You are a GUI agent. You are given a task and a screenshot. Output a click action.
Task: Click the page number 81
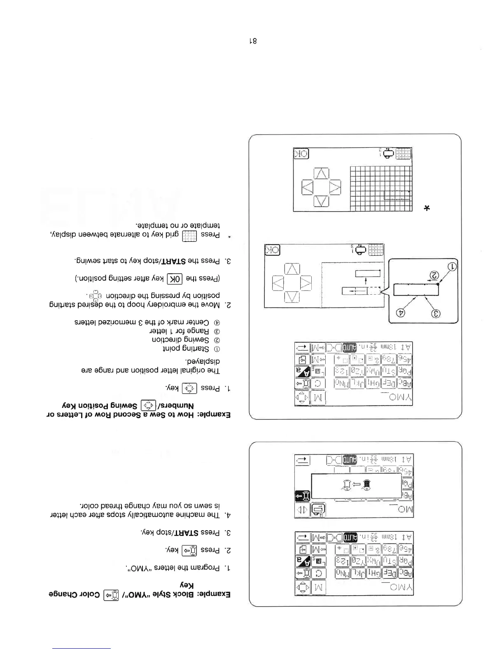pos(252,41)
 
